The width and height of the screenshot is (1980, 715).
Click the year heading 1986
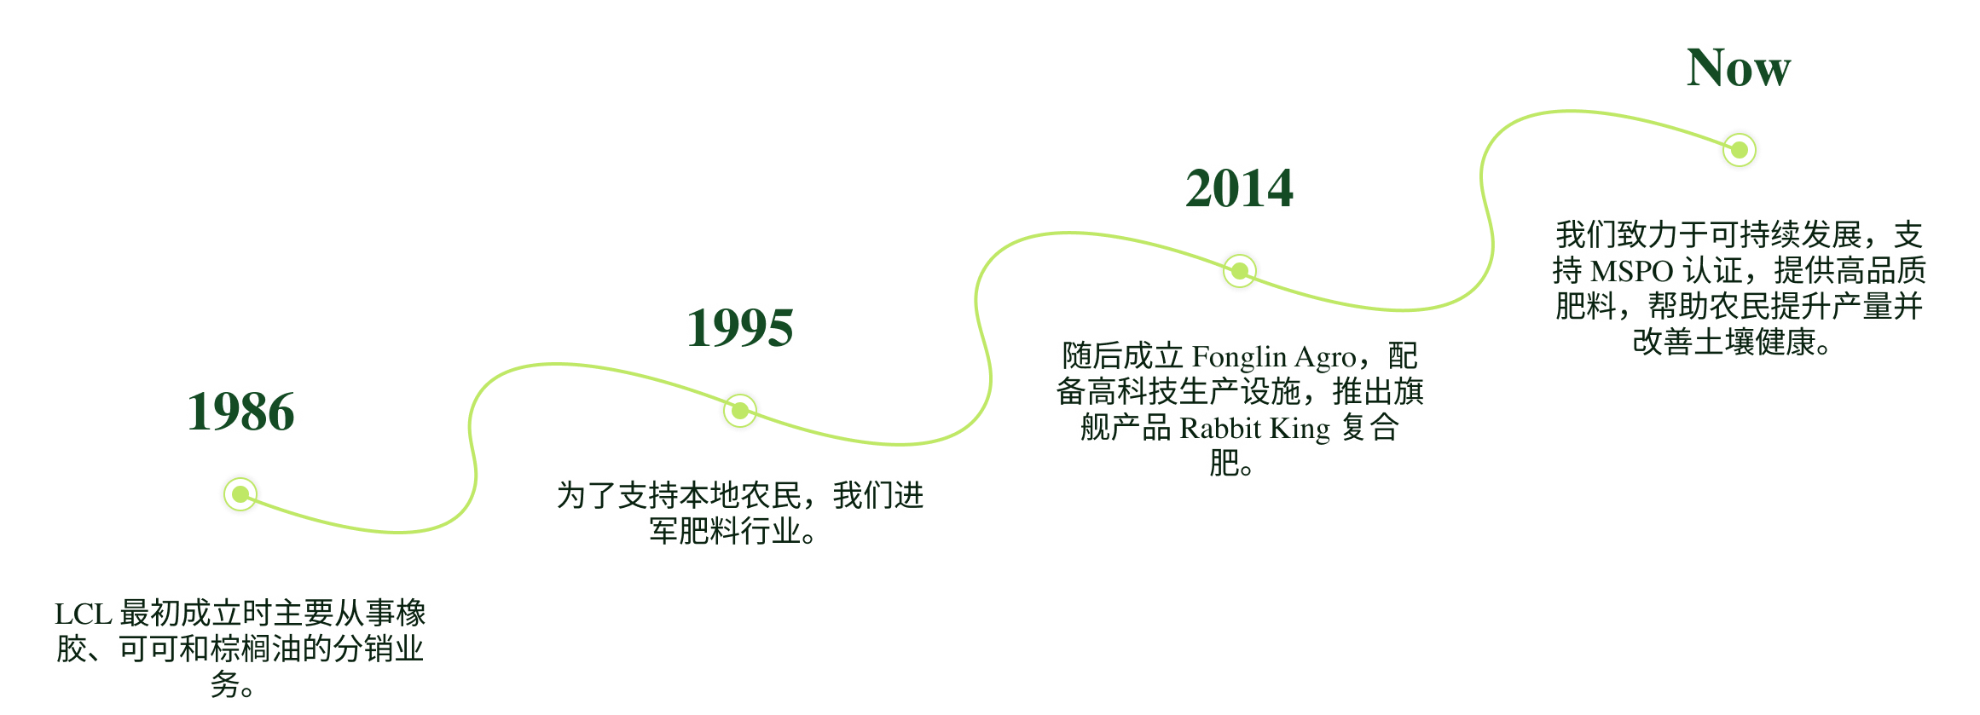coord(244,412)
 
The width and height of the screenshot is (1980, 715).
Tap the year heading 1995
coord(742,327)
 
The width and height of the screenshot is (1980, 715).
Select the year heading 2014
coord(1241,188)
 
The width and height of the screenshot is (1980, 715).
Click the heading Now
coord(1739,67)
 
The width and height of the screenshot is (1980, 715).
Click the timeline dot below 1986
coord(241,494)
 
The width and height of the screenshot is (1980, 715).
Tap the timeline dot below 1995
coord(740,411)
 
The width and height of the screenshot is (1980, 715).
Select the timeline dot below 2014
coord(1239,271)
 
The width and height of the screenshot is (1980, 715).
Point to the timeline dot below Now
coord(1739,150)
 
